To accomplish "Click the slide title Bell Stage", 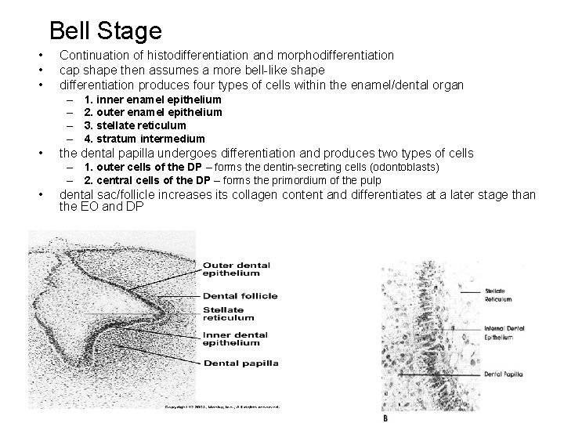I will [x=105, y=31].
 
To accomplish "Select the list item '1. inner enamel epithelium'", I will [x=153, y=100].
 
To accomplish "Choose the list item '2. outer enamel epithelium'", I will [x=154, y=113].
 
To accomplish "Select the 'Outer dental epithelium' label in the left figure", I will [x=235, y=269].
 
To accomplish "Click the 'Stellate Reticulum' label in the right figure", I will [x=498, y=295].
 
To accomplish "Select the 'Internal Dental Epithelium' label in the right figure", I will [x=498, y=333].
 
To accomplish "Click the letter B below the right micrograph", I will [x=385, y=418].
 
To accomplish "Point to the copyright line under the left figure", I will [x=222, y=407].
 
